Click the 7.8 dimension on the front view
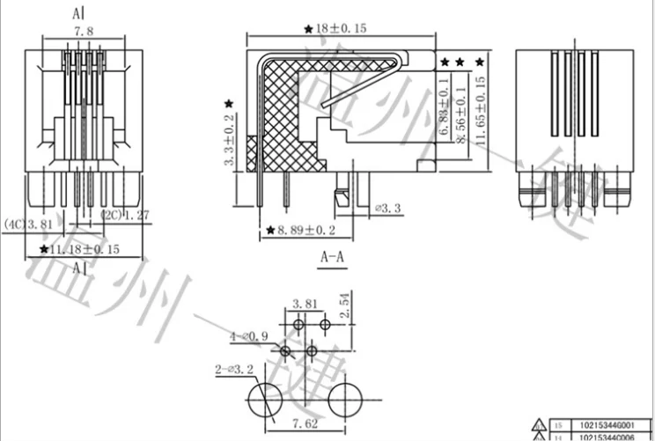(85, 33)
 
